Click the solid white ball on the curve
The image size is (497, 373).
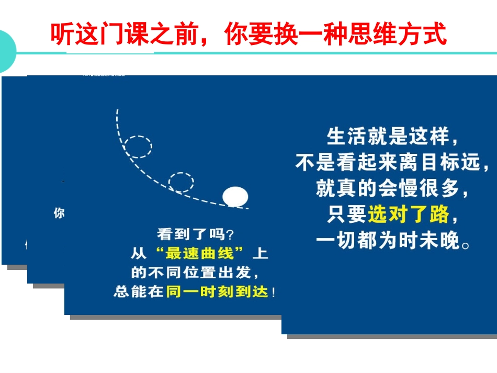[235, 196]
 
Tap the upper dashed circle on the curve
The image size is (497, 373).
[139, 146]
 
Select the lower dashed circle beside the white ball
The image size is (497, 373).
[181, 182]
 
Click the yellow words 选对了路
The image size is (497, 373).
[408, 214]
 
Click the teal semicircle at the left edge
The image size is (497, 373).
[6, 51]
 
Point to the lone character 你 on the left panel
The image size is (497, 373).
[59, 213]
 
